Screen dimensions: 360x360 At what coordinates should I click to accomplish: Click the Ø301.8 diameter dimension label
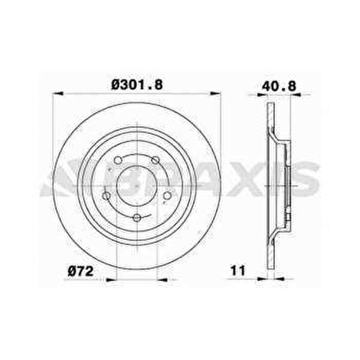click(x=137, y=85)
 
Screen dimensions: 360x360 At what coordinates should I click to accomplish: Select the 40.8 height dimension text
click(x=279, y=86)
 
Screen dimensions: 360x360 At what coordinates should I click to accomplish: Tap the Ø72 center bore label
click(x=81, y=271)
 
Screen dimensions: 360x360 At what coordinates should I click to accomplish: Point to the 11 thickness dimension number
click(x=238, y=271)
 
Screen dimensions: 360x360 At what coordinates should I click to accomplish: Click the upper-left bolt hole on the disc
click(x=118, y=160)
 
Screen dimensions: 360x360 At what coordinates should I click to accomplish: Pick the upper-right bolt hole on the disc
click(x=155, y=160)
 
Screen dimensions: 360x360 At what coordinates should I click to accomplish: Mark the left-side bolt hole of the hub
click(x=106, y=196)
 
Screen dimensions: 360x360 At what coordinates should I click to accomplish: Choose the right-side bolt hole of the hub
click(x=167, y=196)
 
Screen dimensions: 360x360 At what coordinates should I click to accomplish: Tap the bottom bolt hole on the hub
click(x=137, y=217)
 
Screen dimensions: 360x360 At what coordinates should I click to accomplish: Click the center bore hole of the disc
click(x=137, y=185)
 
